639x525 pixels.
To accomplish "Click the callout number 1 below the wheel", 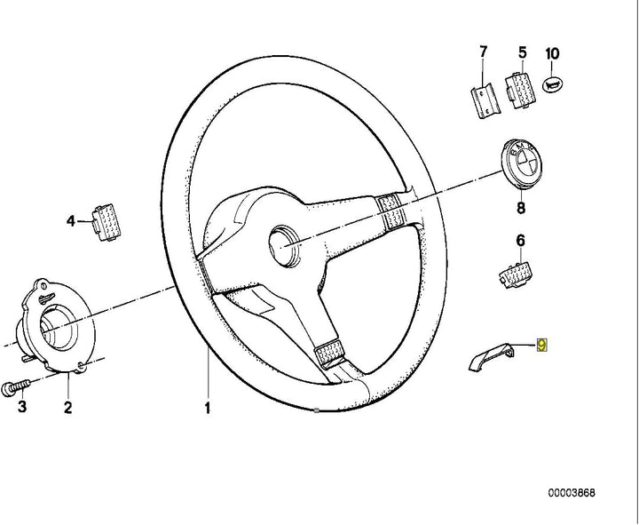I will (208, 410).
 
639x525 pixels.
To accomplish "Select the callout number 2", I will (68, 409).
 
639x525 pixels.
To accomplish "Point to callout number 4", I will (72, 222).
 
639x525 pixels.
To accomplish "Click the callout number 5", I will (522, 52).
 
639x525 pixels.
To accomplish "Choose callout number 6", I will (520, 240).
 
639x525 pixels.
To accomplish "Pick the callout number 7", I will (483, 52).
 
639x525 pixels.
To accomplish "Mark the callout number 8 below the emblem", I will (520, 208).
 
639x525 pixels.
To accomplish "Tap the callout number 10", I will (552, 53).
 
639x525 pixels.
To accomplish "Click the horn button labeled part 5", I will (518, 89).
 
